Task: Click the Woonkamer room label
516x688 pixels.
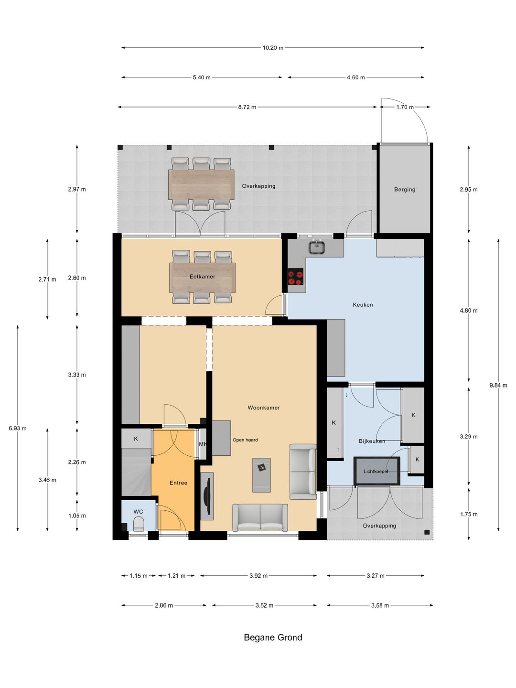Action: tap(263, 408)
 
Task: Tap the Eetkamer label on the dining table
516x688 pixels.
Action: tap(203, 277)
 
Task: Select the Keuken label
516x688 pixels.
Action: tap(363, 305)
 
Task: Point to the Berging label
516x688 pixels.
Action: tap(405, 190)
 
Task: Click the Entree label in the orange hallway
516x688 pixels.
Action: tap(178, 483)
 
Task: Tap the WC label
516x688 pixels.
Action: tap(138, 512)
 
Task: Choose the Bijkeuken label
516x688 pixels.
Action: tap(372, 441)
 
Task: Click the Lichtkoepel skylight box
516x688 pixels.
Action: tap(376, 471)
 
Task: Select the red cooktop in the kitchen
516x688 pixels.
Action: tap(295, 277)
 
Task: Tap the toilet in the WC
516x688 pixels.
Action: tap(138, 524)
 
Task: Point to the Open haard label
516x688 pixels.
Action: tap(245, 440)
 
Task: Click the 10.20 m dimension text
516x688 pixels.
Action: tap(273, 48)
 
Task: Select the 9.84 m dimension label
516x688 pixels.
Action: tap(498, 386)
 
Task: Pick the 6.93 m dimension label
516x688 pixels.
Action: tap(18, 429)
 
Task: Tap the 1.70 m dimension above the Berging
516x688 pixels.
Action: tap(405, 107)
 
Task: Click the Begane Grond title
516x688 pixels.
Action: tap(273, 637)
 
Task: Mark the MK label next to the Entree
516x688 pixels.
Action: tap(203, 444)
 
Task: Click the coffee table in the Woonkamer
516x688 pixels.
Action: tap(262, 475)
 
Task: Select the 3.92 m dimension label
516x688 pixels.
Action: tap(258, 576)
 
